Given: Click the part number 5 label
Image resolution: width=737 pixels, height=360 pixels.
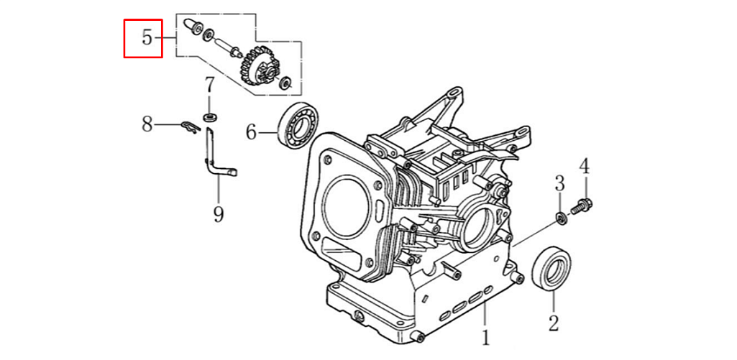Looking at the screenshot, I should coord(147,38).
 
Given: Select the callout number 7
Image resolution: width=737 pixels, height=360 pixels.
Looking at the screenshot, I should coord(209,86).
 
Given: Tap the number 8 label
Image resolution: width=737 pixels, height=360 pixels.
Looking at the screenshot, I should coord(147,125).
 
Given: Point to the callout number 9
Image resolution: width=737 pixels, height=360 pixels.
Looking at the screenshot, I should coord(219,213).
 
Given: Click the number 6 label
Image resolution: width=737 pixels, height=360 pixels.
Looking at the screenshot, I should coord(252,132).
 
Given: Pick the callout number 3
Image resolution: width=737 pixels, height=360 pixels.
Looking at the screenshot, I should coord(559,183).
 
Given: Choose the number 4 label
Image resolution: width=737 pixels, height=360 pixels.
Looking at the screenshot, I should coord(585,167).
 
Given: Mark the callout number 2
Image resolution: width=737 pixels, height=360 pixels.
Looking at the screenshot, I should coord(553,323).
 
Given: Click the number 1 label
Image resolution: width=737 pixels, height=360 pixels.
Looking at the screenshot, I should coord(485,337).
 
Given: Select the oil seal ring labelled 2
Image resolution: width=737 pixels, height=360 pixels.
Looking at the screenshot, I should coord(554,268).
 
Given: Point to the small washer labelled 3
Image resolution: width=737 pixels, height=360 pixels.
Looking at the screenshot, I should coord(561,217).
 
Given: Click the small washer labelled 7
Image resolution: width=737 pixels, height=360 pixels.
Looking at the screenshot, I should coord(210,116).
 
